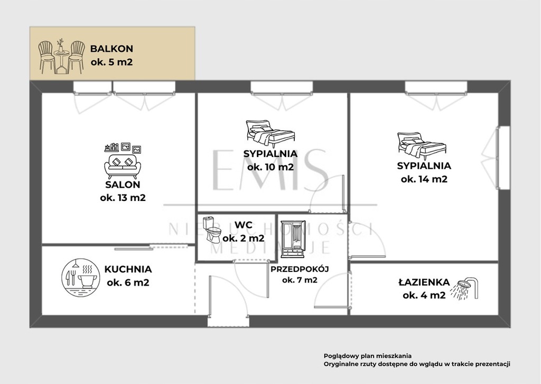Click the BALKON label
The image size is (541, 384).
[x=111, y=49]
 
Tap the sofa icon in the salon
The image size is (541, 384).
[x=123, y=167]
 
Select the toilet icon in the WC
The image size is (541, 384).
[x=211, y=230]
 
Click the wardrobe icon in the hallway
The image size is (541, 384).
[x=293, y=239]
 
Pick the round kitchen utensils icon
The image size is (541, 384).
[x=80, y=277]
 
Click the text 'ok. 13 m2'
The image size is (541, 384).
[x=123, y=198]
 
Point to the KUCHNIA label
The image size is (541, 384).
[x=128, y=269]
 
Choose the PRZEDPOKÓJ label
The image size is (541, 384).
[x=300, y=269]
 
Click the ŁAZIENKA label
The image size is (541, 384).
[x=424, y=282]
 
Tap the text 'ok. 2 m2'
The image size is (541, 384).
[x=244, y=238]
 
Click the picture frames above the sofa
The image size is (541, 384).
[x=123, y=148]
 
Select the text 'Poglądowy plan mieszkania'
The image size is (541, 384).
[x=368, y=356]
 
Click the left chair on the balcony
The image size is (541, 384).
[x=46, y=57]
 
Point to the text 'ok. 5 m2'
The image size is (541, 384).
[x=111, y=62]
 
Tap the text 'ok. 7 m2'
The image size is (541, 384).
[x=300, y=280]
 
